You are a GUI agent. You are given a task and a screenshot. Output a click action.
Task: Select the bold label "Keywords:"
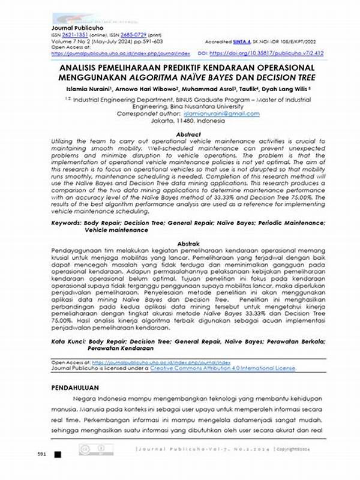(65, 223)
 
